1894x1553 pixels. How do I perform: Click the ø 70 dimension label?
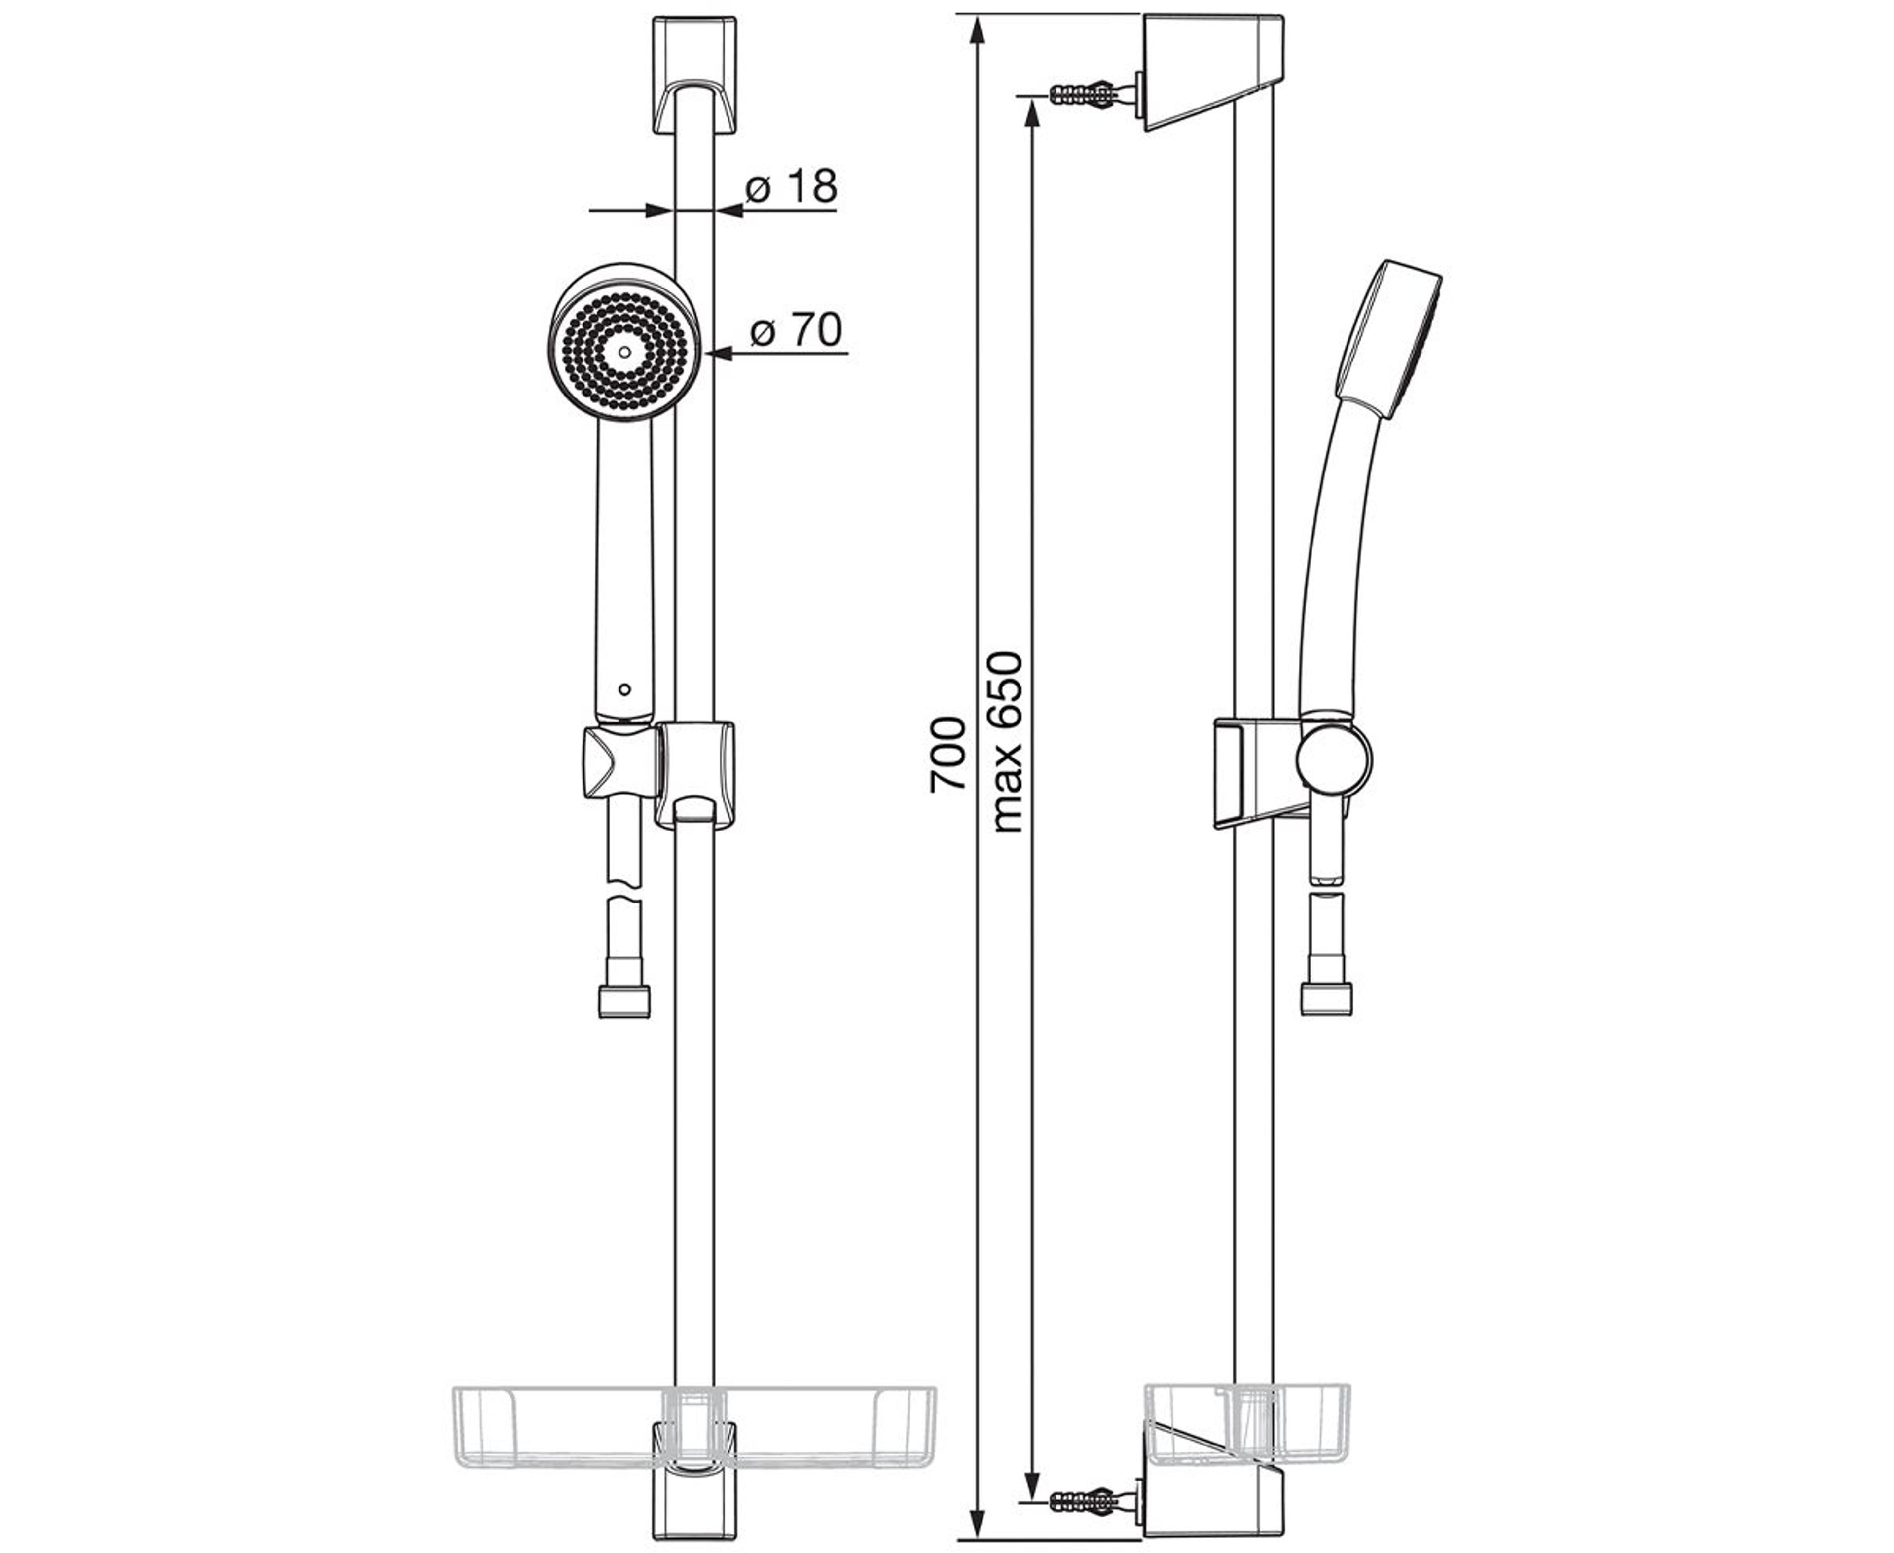pyautogui.click(x=796, y=330)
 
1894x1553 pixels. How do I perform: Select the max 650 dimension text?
pyautogui.click(x=1007, y=743)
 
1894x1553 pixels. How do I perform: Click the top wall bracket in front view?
pyautogui.click(x=694, y=75)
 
